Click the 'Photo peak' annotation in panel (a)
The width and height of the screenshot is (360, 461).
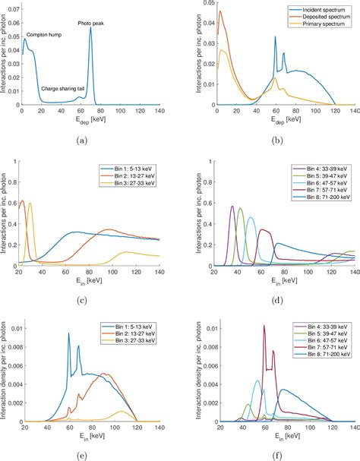[92, 24]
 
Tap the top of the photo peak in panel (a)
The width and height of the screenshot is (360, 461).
[90, 30]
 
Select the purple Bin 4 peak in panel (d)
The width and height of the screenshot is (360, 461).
[232, 206]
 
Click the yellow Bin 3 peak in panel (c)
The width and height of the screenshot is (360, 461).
[30, 204]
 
